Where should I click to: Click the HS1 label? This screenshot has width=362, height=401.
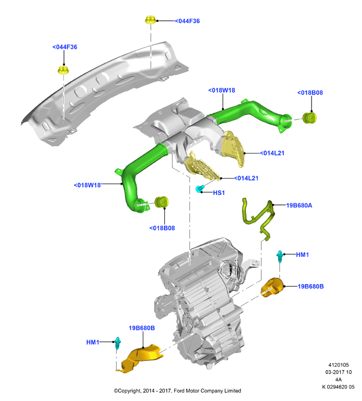pyautogui.click(x=219, y=192)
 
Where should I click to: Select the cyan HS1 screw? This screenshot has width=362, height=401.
pyautogui.click(x=199, y=189)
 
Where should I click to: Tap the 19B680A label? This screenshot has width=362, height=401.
pyautogui.click(x=299, y=205)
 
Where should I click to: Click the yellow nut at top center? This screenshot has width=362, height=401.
pyautogui.click(x=150, y=20)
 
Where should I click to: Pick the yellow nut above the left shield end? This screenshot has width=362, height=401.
pyautogui.click(x=63, y=70)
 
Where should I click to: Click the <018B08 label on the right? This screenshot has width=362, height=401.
pyautogui.click(x=310, y=93)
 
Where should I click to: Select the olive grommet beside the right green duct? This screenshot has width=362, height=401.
pyautogui.click(x=309, y=118)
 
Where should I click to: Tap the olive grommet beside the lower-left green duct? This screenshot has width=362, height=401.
pyautogui.click(x=162, y=202)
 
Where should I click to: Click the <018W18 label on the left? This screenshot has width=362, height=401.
pyautogui.click(x=87, y=185)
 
